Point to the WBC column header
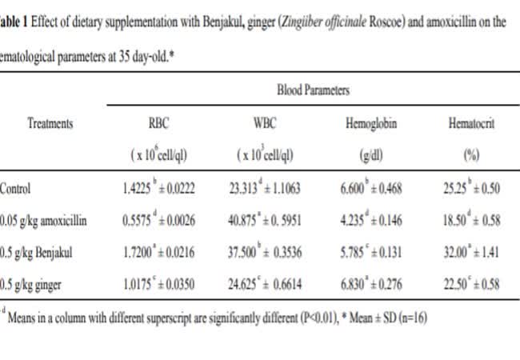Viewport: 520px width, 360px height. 265,124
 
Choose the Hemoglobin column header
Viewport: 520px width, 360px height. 369,124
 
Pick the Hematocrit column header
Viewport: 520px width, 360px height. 469,124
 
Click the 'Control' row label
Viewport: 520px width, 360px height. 16,190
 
